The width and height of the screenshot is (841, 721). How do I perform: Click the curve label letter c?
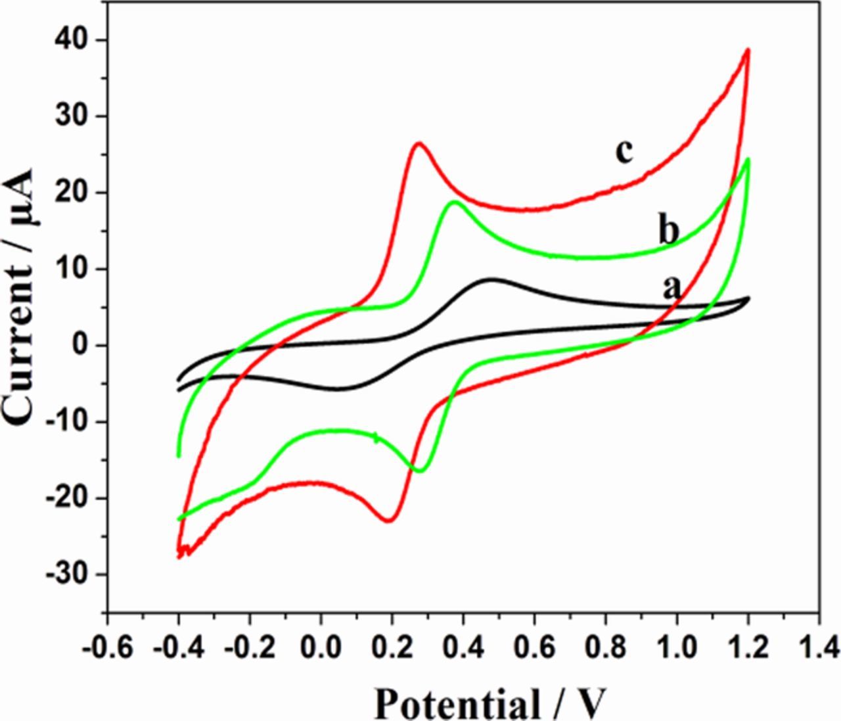tap(624, 152)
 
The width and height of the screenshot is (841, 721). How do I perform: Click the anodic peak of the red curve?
tap(419, 143)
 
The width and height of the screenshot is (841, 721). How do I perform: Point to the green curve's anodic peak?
tap(455, 202)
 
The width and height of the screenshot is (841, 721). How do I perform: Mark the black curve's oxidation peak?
tap(491, 279)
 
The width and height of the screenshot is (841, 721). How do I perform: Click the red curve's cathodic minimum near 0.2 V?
tap(389, 521)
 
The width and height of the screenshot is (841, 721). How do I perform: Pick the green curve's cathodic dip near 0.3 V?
tap(420, 471)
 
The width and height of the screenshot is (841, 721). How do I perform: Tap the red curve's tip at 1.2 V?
tap(748, 49)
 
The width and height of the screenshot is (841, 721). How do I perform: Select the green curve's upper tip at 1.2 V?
tap(748, 159)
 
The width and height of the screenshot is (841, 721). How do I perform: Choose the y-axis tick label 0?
tap(81, 346)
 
